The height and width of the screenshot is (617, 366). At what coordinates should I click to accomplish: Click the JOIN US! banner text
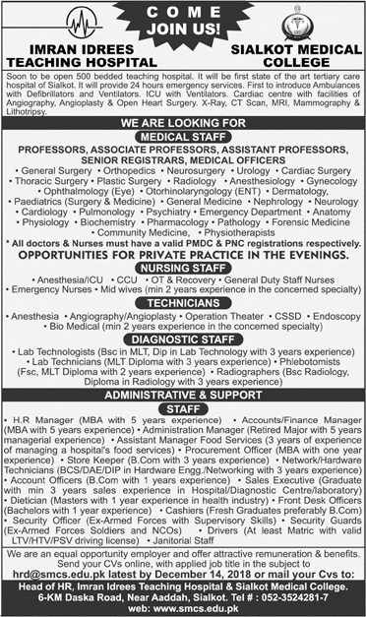pos(183,29)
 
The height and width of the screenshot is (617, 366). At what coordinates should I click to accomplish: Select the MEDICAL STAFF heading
pos(182,138)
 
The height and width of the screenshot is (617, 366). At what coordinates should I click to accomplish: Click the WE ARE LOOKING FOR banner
pos(182,124)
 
